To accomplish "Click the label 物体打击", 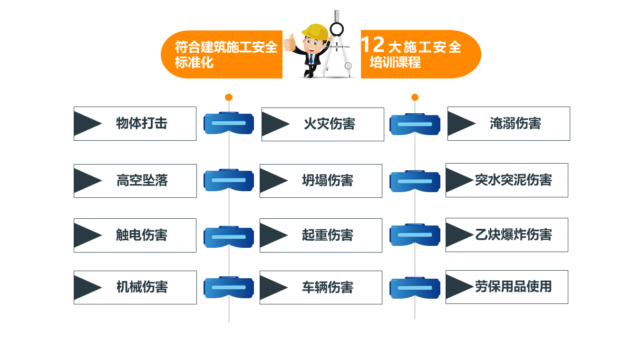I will [142, 124].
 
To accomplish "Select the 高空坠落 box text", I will [142, 181].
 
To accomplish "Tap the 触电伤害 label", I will [142, 235].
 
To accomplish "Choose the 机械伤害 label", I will [142, 287].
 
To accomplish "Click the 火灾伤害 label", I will [329, 124].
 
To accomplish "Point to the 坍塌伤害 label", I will [327, 181].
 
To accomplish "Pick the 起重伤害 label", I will [327, 235].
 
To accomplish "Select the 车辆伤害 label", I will [327, 287].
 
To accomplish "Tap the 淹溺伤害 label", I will [515, 124].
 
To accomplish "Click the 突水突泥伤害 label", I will [513, 180].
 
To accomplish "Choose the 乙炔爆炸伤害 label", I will [513, 234].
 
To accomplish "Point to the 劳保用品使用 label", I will [513, 287].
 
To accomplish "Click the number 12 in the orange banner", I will [372, 45].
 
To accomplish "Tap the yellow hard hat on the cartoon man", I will [314, 30].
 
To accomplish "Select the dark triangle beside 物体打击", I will [86, 124].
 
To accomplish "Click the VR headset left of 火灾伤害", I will [229, 123].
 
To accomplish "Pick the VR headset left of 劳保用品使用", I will [415, 287].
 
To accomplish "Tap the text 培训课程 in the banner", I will [395, 62].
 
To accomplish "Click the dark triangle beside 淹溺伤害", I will [460, 124].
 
